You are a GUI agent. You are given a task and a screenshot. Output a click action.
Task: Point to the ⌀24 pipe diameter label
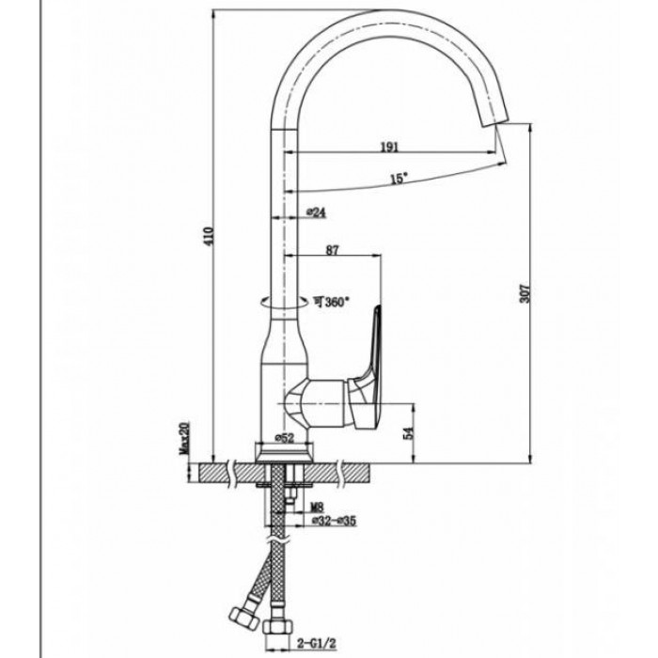coord(316,212)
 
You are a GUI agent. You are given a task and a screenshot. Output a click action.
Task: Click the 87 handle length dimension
coord(333,250)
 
